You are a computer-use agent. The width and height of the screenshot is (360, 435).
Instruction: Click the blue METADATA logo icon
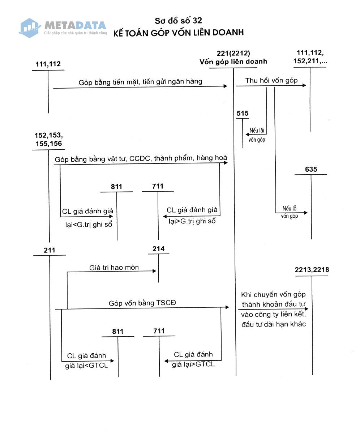(x=30, y=27)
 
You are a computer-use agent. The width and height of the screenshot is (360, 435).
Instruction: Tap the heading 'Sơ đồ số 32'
(x=178, y=20)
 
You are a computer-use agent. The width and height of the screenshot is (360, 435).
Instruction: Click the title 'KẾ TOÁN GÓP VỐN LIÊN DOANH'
(x=178, y=33)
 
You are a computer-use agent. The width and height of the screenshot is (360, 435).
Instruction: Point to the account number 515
(x=243, y=114)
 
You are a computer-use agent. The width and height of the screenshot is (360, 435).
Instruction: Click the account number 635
(x=311, y=169)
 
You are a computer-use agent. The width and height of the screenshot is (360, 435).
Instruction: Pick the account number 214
(x=158, y=249)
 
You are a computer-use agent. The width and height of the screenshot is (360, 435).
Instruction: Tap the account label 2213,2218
(x=312, y=270)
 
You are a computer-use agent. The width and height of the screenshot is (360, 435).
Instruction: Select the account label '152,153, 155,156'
(x=48, y=140)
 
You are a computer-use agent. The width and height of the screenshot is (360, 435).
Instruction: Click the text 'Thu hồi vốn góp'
(x=271, y=80)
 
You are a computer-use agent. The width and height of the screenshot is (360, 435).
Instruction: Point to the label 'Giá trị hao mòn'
(x=114, y=268)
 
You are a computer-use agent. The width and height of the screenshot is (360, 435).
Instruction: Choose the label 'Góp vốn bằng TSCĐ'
(x=142, y=303)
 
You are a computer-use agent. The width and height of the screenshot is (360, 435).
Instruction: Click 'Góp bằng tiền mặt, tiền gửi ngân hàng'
(x=140, y=82)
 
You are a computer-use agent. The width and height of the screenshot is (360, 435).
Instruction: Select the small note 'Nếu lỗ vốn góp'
(x=290, y=212)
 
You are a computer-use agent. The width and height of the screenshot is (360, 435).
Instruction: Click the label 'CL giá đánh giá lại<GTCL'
(x=87, y=360)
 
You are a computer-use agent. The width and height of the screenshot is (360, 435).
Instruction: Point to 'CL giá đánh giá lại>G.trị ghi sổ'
(x=192, y=215)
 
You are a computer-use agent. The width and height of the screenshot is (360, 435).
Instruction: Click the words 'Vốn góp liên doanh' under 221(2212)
(x=233, y=61)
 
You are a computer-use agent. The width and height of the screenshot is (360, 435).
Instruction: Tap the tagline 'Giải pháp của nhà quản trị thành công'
(x=75, y=33)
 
